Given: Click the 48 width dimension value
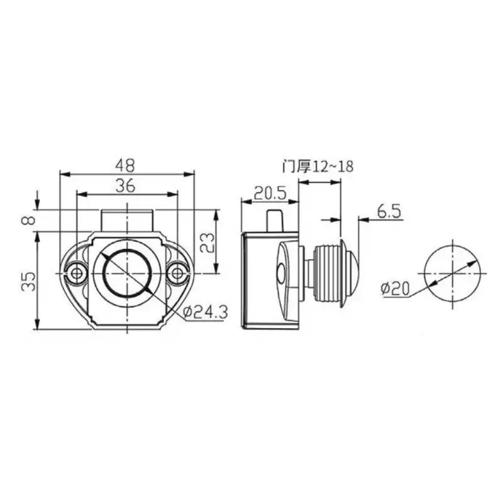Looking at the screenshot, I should coord(126,165).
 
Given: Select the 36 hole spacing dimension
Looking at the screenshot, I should coord(126,185).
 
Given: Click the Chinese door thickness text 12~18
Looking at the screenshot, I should coord(318,167).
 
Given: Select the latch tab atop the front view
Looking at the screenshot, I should coord(128,221).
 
